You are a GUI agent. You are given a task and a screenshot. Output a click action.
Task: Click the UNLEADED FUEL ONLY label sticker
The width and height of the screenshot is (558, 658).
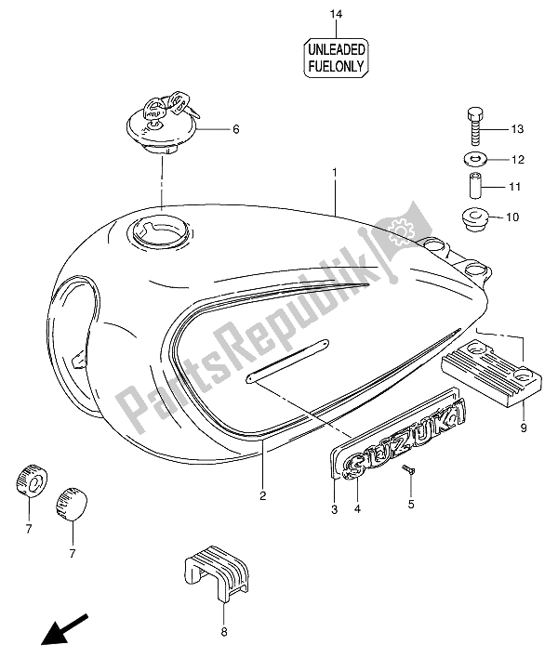(x=337, y=57)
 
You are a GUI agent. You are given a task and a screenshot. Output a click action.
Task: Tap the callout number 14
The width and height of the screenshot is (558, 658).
(x=336, y=14)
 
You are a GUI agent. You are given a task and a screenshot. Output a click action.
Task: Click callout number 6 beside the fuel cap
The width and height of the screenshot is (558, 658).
(x=235, y=129)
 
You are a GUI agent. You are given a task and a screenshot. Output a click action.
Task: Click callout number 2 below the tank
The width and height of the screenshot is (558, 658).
(x=263, y=494)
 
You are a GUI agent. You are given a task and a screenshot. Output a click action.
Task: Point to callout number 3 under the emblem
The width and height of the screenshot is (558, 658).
(x=334, y=507)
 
